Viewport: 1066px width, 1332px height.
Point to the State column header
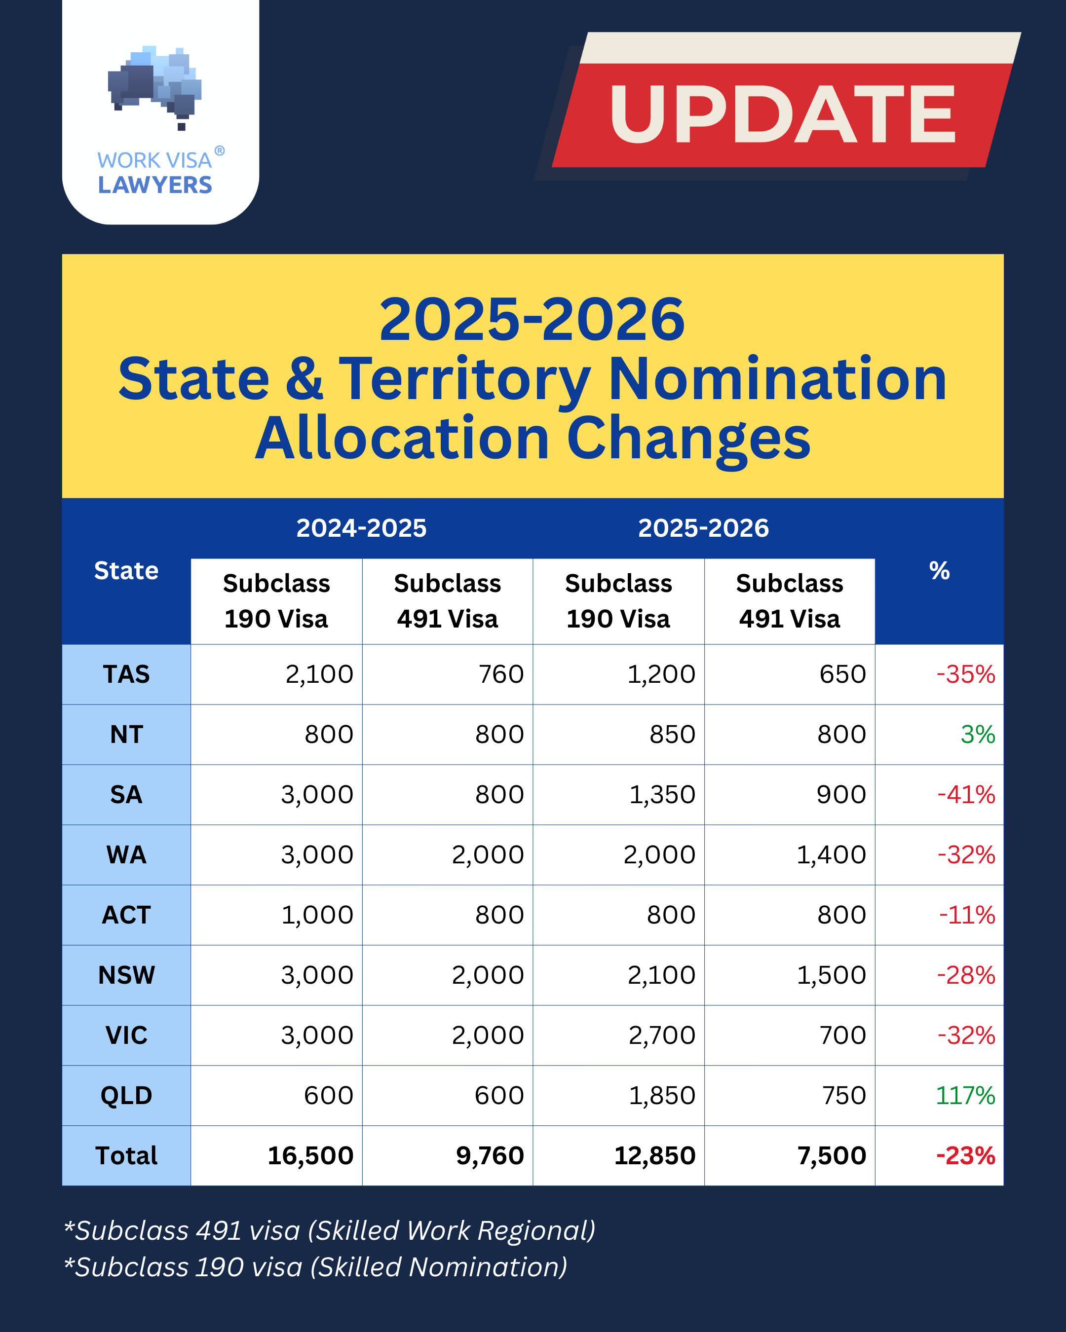pos(126,571)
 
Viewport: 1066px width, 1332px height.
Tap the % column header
pos(939,571)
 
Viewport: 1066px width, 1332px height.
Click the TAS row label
pos(126,674)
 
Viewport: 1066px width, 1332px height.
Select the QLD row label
pos(126,1095)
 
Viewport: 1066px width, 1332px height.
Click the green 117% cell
pos(965,1095)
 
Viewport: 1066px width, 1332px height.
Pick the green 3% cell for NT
pos(977,735)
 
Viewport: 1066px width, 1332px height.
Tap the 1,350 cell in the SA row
pos(662,794)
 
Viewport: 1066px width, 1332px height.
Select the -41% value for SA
pos(966,794)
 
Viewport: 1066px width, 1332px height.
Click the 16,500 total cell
pos(310,1156)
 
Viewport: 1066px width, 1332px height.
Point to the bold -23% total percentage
pos(965,1156)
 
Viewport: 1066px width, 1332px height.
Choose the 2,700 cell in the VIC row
pos(662,1036)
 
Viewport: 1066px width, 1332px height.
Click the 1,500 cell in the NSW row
pos(831,975)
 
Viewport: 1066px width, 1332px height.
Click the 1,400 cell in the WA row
pos(831,855)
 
